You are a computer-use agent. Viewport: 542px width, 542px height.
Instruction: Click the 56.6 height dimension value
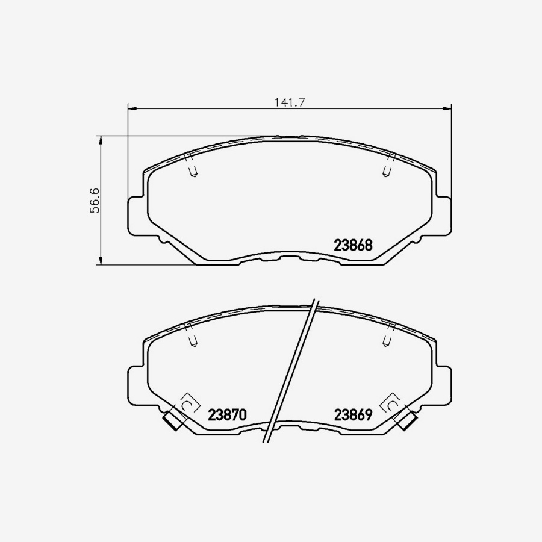point(95,200)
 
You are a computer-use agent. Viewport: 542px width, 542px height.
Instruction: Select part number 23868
point(354,246)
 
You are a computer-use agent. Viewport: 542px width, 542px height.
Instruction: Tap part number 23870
point(228,415)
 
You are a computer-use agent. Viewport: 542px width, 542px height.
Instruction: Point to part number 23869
point(355,415)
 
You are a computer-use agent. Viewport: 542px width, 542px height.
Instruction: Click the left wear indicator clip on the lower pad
point(173,420)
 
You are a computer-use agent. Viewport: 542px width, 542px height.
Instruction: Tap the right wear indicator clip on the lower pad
point(407,420)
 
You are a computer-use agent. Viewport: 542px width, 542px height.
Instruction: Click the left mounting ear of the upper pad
point(136,214)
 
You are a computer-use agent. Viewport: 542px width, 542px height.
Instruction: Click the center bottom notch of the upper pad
point(290,258)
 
